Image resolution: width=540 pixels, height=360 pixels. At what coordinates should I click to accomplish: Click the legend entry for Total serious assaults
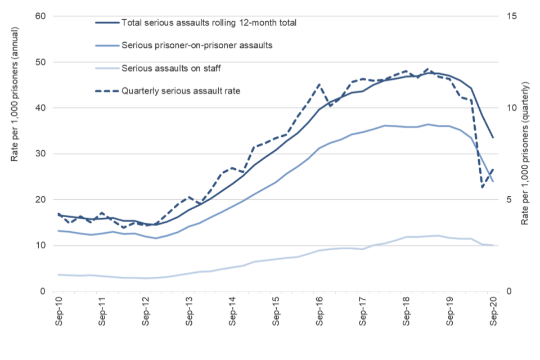pyautogui.click(x=208, y=23)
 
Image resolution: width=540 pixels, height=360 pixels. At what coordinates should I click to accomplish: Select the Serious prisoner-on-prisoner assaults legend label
pyautogui.click(x=197, y=46)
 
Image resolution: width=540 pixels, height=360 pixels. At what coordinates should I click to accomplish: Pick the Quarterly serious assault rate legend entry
pyautogui.click(x=181, y=90)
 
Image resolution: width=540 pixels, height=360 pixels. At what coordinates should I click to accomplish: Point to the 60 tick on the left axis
pyautogui.click(x=40, y=16)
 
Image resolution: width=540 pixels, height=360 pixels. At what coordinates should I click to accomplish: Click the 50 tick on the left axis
pyautogui.click(x=40, y=62)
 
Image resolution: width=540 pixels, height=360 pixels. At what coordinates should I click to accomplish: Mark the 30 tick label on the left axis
pyautogui.click(x=40, y=154)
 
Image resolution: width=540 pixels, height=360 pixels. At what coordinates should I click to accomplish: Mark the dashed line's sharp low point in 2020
pyautogui.click(x=483, y=187)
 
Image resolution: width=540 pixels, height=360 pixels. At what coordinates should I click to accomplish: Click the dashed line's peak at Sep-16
pyautogui.click(x=319, y=84)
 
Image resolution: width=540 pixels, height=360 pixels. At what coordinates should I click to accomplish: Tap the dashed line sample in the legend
pyautogui.click(x=106, y=90)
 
